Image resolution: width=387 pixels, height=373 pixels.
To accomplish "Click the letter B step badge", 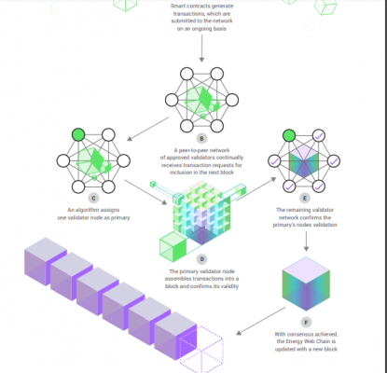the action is coord(201,139).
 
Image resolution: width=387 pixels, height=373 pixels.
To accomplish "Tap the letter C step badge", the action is coord(93,198).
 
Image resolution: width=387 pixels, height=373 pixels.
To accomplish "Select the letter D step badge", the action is coord(201,259).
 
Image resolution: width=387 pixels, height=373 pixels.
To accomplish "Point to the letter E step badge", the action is coord(305,198).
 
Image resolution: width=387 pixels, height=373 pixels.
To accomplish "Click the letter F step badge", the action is coord(306,323).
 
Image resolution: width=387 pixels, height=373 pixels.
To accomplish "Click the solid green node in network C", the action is coord(78,135).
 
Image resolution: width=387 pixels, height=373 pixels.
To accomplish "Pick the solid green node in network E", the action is coord(289,135).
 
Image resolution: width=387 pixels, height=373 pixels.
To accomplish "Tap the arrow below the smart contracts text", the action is coord(201,48).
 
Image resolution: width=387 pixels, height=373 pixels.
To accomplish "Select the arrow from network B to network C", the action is coord(148,129).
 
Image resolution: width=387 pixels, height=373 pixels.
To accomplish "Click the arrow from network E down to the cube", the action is coord(306,242).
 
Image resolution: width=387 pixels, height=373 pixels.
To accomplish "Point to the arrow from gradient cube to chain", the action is coord(260,321).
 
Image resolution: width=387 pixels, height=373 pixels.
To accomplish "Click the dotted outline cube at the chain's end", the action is coord(201,350).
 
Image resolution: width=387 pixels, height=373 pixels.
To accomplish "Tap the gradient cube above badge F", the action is coord(306,283).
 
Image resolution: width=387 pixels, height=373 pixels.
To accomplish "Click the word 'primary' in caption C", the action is coord(120,218).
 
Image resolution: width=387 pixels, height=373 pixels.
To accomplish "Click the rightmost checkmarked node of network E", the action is coord(334,161).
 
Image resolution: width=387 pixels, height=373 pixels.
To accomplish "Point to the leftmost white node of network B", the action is coord(172,100).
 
